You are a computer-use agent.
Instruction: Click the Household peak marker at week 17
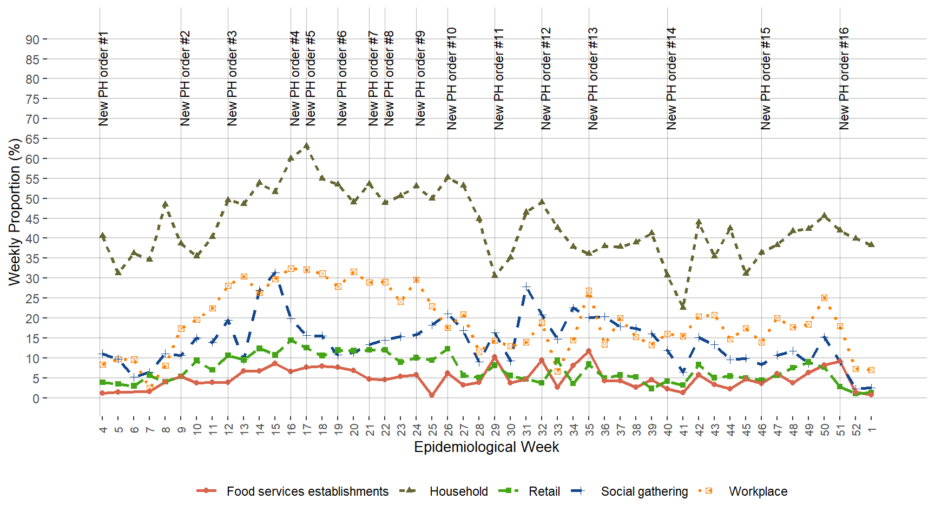click(307, 146)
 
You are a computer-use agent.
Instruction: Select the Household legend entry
click(458, 491)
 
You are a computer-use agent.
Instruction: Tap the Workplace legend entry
click(758, 491)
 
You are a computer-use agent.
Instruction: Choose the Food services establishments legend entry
click(307, 491)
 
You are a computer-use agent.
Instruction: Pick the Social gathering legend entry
click(644, 491)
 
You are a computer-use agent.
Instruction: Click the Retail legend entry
click(544, 491)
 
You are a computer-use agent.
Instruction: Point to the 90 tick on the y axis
click(32, 39)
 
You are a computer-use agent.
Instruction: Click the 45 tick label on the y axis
click(32, 218)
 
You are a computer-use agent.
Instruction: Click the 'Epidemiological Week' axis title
click(486, 447)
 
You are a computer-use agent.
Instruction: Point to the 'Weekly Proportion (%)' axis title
click(15, 211)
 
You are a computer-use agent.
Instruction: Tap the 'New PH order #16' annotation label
click(844, 79)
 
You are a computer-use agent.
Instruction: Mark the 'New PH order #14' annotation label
click(671, 79)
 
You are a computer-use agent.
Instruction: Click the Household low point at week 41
click(683, 307)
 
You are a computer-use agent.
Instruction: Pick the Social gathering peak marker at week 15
click(275, 273)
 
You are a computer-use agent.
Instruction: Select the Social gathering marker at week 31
click(526, 287)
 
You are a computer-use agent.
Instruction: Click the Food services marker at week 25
click(432, 395)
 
